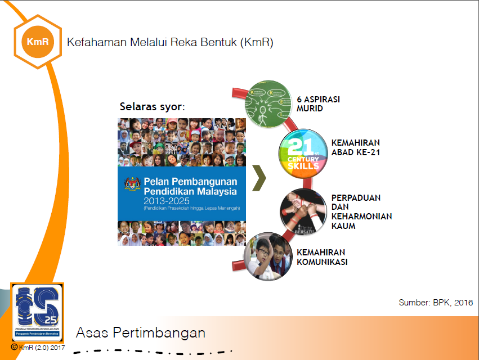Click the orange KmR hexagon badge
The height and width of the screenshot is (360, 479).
click(37, 42)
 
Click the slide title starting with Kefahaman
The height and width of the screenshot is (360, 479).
click(170, 42)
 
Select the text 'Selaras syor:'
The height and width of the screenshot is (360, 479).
click(153, 106)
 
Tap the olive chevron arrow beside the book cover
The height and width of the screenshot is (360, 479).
click(259, 179)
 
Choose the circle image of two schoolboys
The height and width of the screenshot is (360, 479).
click(268, 256)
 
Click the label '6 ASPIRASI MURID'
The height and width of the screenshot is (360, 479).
click(318, 103)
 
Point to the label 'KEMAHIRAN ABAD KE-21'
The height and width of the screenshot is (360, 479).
click(356, 147)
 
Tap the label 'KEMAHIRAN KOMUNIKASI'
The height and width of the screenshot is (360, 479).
click(321, 257)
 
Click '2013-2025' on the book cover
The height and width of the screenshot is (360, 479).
click(167, 200)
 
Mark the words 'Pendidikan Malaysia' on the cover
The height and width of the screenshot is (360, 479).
click(190, 191)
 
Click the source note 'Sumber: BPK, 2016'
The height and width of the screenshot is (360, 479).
click(435, 303)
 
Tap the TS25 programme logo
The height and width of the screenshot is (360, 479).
click(37, 312)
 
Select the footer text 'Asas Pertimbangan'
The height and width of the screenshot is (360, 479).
click(140, 332)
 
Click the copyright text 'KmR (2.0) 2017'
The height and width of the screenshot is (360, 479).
click(38, 348)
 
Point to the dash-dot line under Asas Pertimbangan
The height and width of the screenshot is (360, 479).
click(152, 353)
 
